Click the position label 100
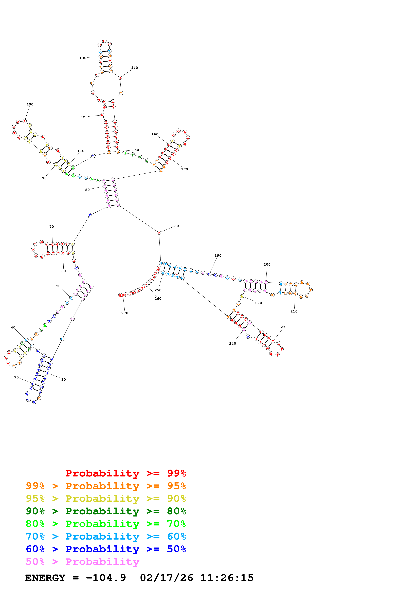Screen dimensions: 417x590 30,104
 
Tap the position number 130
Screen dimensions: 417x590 83,58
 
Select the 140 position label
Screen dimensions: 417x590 134,68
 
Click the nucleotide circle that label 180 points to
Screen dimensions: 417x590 159,233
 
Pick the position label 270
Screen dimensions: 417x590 125,313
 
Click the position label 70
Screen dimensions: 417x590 52,227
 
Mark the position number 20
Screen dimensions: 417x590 16,377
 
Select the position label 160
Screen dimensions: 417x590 155,134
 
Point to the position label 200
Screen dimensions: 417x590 267,264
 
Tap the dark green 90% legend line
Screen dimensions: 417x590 106,511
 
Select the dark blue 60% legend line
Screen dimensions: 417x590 106,549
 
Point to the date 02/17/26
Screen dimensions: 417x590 167,578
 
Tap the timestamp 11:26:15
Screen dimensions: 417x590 227,578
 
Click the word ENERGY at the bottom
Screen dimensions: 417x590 45,578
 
